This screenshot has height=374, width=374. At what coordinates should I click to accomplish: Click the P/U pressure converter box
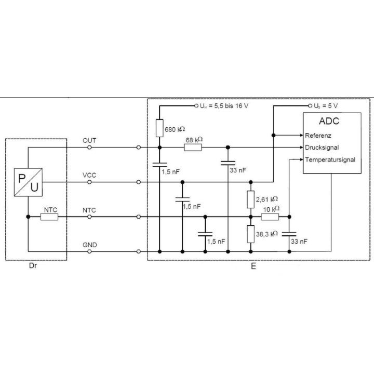click(x=28, y=182)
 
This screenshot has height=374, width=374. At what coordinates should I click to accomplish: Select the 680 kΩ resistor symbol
click(x=159, y=128)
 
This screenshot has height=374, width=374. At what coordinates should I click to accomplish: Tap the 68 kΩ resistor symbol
click(x=193, y=148)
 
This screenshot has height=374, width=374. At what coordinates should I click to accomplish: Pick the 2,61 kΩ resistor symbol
click(x=251, y=199)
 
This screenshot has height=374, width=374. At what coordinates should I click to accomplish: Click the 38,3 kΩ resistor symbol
click(x=251, y=234)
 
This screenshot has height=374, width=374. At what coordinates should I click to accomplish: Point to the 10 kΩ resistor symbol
click(x=270, y=217)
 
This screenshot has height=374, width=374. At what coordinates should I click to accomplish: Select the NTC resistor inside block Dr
click(x=49, y=217)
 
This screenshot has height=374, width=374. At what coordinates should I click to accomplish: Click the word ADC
click(x=329, y=121)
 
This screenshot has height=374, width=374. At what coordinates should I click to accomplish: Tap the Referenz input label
click(x=318, y=136)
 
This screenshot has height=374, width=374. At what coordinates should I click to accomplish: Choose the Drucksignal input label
click(x=322, y=148)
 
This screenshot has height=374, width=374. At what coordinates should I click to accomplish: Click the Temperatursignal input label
click(x=330, y=159)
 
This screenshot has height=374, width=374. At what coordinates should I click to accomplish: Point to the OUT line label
click(x=89, y=140)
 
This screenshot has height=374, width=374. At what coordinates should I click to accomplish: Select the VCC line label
click(x=89, y=176)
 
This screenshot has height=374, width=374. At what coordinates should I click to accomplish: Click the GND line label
click(x=90, y=245)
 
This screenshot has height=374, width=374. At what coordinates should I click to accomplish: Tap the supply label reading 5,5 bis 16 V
click(x=231, y=106)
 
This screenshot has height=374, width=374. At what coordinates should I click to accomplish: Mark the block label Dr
click(x=33, y=266)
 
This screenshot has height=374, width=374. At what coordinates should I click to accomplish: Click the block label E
click(x=253, y=266)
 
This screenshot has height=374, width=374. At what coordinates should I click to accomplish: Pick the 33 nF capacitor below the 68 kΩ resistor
click(x=228, y=163)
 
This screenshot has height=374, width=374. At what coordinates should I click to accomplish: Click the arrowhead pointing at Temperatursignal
click(x=301, y=159)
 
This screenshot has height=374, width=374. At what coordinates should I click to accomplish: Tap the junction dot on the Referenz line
click(x=274, y=135)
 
